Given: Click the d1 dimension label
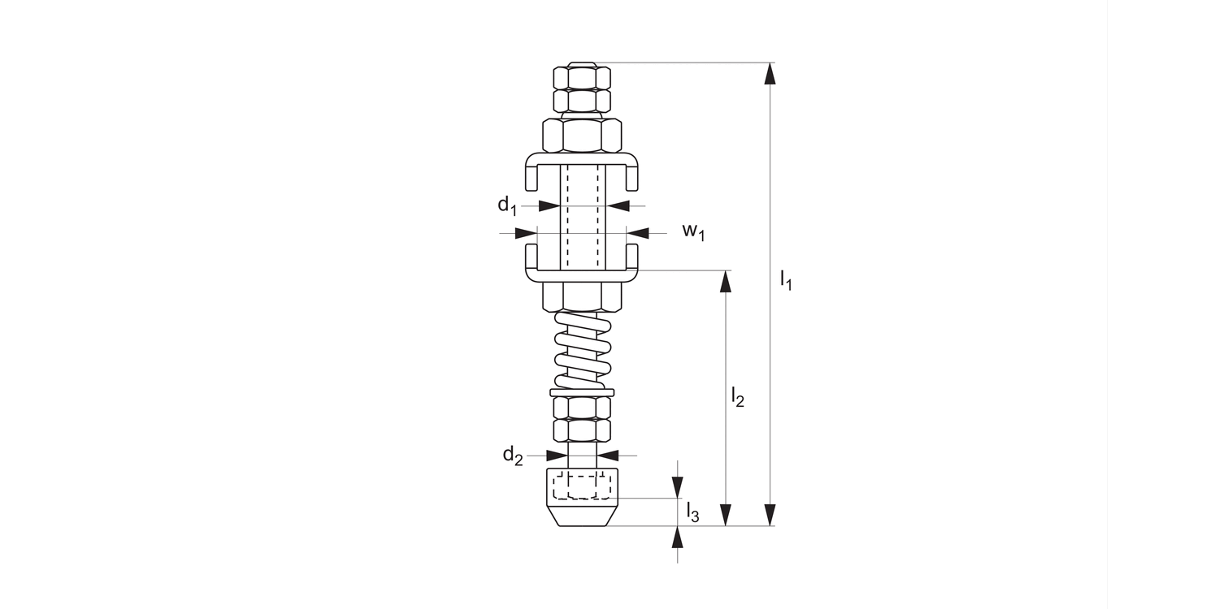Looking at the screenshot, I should tap(506, 205).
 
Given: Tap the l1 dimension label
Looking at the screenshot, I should tap(785, 281).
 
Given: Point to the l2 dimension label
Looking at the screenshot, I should tap(737, 397).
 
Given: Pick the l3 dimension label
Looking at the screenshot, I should tap(692, 512).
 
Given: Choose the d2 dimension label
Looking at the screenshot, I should tap(512, 456).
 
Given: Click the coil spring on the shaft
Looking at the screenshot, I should tap(582, 350).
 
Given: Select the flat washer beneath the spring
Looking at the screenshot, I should tap(582, 393).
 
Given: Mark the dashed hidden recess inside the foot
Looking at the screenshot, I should tap(581, 486).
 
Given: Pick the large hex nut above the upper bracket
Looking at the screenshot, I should tap(582, 135).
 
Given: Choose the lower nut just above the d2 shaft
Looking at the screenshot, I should tap(582, 429).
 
